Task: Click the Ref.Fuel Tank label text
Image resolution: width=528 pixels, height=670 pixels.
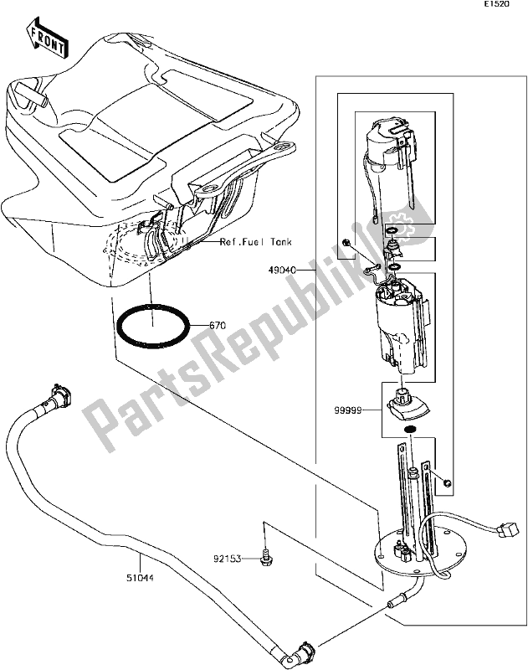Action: coord(256,244)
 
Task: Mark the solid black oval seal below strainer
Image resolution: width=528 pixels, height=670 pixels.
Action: coord(410,431)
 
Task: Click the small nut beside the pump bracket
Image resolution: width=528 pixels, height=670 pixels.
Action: coord(449,482)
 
